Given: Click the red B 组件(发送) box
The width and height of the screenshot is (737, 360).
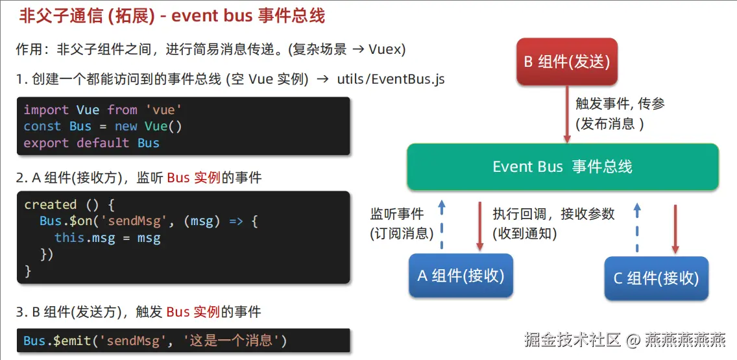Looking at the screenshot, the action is (567, 62).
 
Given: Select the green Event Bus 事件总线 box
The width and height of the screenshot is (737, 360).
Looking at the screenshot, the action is (562, 167).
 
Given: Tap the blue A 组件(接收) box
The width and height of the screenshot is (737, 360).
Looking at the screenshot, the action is (461, 276).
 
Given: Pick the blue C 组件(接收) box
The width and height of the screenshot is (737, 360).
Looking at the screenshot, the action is (656, 278).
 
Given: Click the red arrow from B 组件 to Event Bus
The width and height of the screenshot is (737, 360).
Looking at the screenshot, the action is (567, 114).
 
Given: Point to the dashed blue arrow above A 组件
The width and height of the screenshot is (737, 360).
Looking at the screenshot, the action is (441, 224).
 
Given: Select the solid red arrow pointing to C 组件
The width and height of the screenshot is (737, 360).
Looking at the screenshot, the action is (675, 229).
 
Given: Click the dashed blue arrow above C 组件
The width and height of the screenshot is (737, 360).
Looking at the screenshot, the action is (637, 228).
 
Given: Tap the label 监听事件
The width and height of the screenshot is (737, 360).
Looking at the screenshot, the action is (397, 215).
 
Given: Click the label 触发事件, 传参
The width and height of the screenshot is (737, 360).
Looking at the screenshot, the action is (620, 104).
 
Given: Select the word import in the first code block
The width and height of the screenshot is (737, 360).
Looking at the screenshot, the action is (46, 110).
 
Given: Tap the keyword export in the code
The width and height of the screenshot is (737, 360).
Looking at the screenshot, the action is (46, 143).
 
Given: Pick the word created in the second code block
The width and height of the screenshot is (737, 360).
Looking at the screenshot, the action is (51, 204).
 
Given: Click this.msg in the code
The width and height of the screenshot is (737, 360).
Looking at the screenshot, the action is (84, 238).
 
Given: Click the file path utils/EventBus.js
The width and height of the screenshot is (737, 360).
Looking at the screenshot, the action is (391, 79).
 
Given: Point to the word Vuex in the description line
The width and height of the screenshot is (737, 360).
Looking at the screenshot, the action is (385, 49).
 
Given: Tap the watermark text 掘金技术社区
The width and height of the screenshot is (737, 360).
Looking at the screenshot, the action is (572, 339).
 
